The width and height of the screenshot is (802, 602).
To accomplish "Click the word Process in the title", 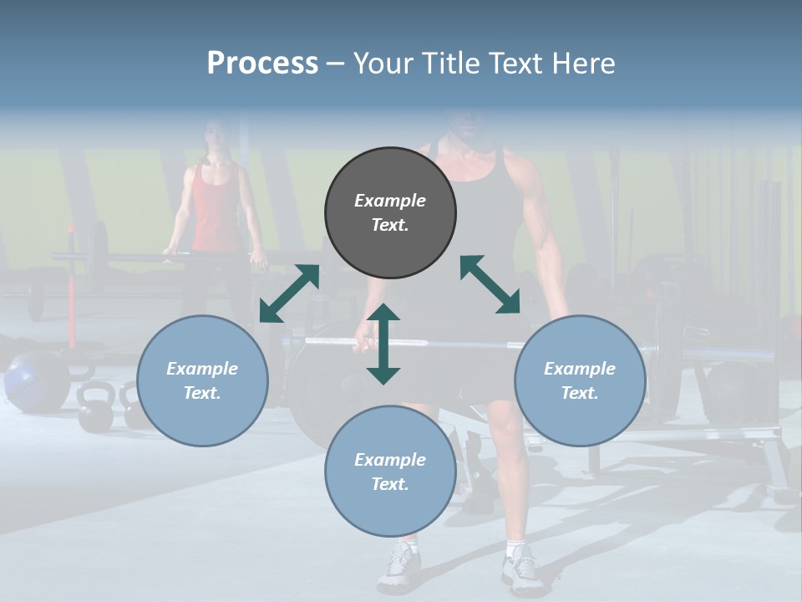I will pyautogui.click(x=262, y=64).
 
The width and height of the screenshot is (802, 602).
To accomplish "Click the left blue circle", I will pyautogui.click(x=202, y=380).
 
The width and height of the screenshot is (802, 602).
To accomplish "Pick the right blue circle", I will pyautogui.click(x=580, y=380).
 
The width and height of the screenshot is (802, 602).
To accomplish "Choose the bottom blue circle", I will pyautogui.click(x=390, y=472).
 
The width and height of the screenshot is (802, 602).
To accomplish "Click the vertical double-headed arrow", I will pyautogui.click(x=383, y=344).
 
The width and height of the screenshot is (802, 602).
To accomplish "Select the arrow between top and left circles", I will pyautogui.click(x=289, y=293).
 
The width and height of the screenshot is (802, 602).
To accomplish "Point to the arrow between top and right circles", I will pyautogui.click(x=490, y=285).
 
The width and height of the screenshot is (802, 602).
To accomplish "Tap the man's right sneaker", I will pyautogui.click(x=520, y=569).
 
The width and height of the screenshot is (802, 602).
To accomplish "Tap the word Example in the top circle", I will pyautogui.click(x=390, y=201).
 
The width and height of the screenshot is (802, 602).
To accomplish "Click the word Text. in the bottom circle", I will pyautogui.click(x=390, y=484).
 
